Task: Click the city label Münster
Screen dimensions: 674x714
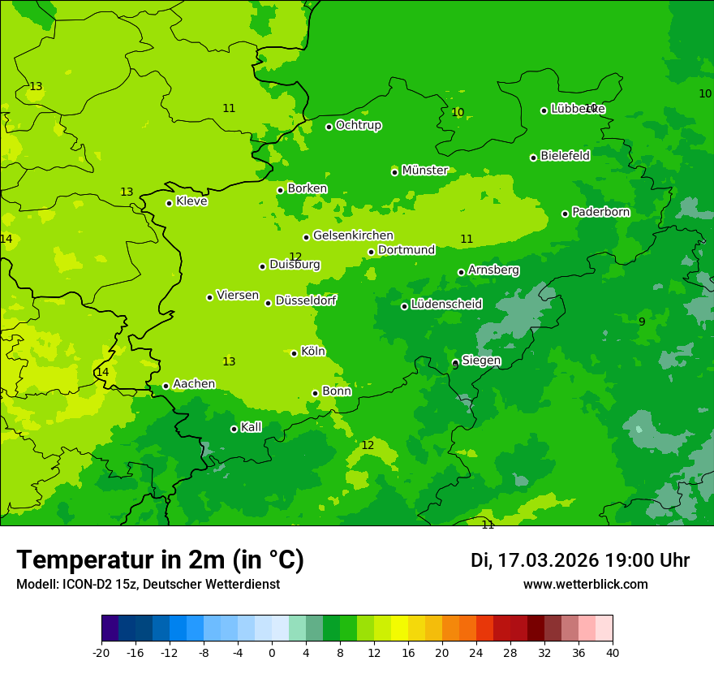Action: click(x=424, y=171)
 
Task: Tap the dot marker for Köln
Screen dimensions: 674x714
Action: click(x=294, y=353)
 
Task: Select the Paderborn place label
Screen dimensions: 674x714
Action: click(x=600, y=212)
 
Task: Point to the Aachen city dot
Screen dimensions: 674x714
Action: click(x=166, y=386)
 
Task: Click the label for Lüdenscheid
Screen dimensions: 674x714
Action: click(x=446, y=305)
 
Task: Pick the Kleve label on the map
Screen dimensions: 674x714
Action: click(x=191, y=201)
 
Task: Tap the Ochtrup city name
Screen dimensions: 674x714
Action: click(x=358, y=125)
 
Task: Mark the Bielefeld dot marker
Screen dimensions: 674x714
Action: click(x=533, y=158)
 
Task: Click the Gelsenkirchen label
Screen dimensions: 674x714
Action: click(x=353, y=235)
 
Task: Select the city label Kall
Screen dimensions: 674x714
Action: click(x=251, y=427)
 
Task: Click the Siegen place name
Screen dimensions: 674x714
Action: click(x=481, y=361)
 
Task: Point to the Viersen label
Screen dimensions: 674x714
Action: click(x=237, y=296)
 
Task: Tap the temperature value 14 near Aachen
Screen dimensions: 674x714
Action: click(x=102, y=372)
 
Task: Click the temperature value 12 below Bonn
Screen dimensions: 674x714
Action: click(x=368, y=445)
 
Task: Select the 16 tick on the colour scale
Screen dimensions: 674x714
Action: click(x=408, y=652)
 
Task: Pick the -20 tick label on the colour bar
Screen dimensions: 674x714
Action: click(x=101, y=652)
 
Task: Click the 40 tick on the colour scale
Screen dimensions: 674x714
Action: click(x=612, y=652)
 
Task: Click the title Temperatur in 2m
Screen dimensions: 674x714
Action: click(x=160, y=560)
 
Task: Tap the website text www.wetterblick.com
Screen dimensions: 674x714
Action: click(x=585, y=584)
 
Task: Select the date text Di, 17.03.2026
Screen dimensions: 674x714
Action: click(x=534, y=560)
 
